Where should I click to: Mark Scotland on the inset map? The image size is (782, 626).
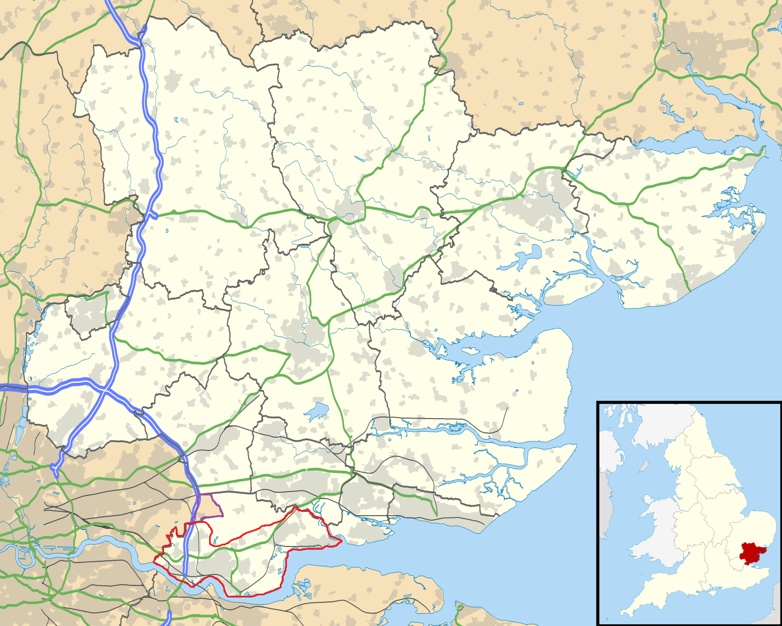click(653, 422)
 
